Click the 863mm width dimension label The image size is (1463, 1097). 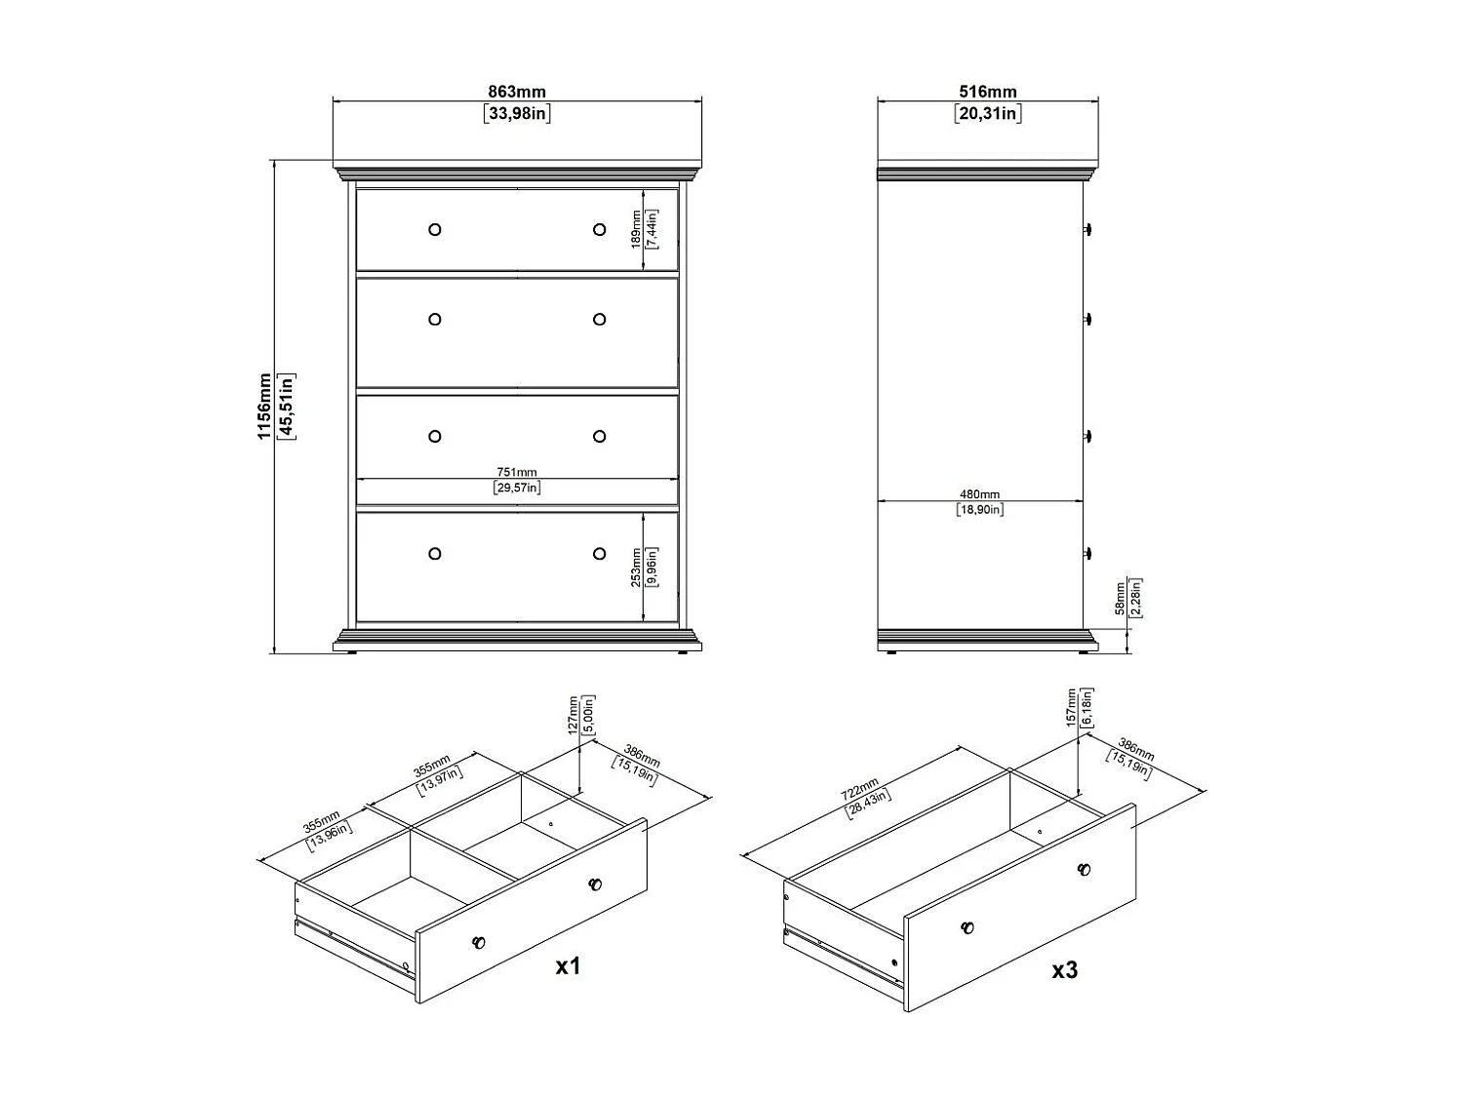[x=517, y=92]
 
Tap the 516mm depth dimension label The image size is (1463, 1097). [x=987, y=92]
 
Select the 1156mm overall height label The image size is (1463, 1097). [x=264, y=406]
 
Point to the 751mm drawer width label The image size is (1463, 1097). [x=517, y=473]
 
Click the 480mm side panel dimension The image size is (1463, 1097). [x=979, y=494]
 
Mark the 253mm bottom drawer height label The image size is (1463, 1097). [x=637, y=567]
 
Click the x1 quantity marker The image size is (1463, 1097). [x=568, y=966]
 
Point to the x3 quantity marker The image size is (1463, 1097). [x=1065, y=970]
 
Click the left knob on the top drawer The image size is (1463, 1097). [x=435, y=230]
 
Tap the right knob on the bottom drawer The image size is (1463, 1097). [x=599, y=554]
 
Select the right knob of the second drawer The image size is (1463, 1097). [x=599, y=319]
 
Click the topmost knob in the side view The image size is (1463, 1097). [x=1087, y=229]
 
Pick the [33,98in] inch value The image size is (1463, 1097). [x=517, y=114]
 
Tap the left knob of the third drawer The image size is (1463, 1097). [x=435, y=436]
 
